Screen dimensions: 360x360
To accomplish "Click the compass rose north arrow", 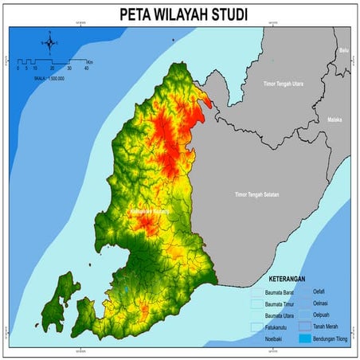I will click(49, 41).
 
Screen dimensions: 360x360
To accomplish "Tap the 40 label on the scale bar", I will click(85, 69).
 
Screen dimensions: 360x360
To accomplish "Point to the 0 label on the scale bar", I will click(18, 69).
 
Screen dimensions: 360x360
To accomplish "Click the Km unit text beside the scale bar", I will click(91, 61).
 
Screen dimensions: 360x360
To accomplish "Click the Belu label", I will click(344, 50).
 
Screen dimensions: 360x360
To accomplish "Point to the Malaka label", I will click(335, 119).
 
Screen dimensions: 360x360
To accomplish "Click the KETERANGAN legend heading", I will click(297, 280).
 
